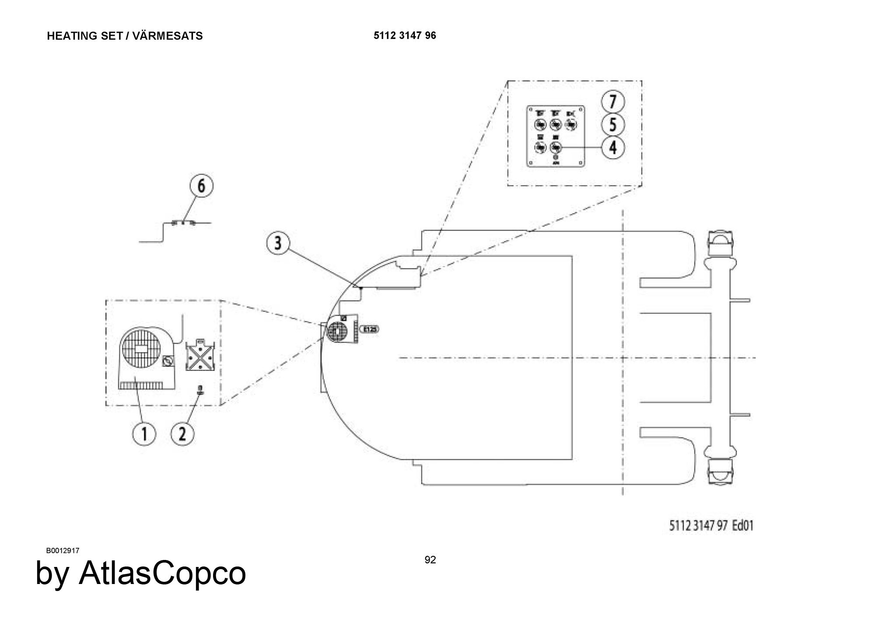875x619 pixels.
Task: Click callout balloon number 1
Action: pos(144,434)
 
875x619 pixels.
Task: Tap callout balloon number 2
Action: pos(183,434)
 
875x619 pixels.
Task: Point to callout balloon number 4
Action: pos(613,147)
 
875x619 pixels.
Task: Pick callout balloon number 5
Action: pos(613,125)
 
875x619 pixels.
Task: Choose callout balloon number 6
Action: pos(201,186)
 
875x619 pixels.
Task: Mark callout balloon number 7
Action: pos(613,102)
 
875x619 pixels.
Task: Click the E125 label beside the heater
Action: pos(369,329)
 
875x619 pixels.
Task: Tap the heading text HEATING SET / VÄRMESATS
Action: pos(125,36)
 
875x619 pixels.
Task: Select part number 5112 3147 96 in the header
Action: pos(405,35)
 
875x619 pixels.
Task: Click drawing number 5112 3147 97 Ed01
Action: pos(711,525)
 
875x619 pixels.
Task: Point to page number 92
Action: pos(430,560)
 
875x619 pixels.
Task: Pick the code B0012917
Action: pos(63,550)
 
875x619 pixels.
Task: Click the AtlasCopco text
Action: pos(141,573)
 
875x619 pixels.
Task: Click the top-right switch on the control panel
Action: pos(570,126)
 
